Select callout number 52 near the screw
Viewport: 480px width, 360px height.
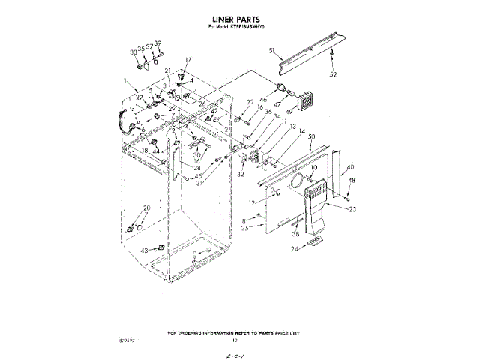[x=334, y=73]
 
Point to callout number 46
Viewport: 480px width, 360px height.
[x=263, y=100]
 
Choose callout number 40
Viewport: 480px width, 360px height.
[x=350, y=167]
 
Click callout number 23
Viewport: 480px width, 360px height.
[x=353, y=209]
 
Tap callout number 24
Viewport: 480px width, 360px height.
[x=295, y=247]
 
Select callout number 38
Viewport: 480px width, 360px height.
[x=295, y=232]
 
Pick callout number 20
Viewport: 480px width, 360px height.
[x=147, y=208]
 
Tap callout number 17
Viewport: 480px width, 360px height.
[x=188, y=60]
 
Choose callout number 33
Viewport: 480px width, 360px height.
[x=133, y=52]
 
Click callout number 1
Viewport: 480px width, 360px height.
[x=126, y=79]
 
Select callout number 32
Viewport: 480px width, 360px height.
[x=241, y=174]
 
